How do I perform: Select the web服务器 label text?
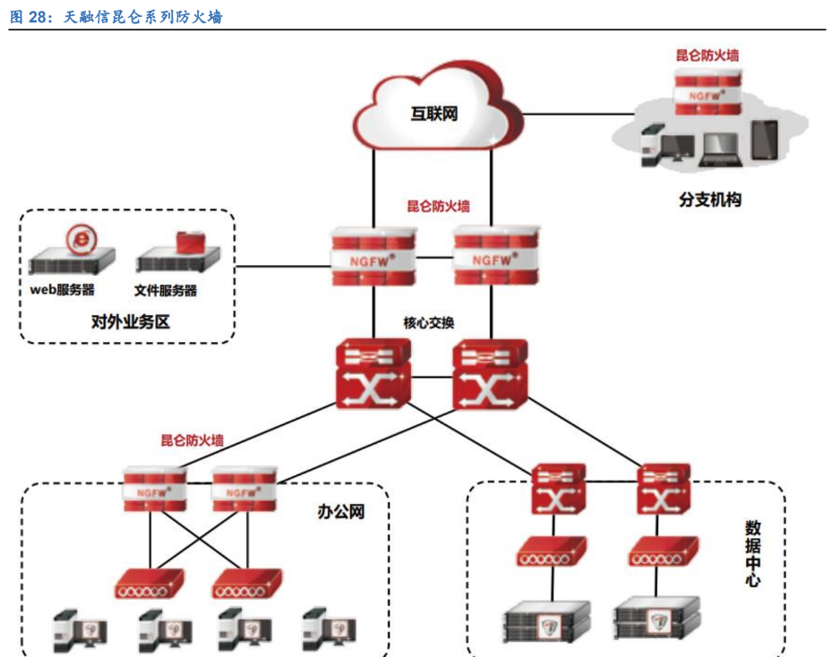coord(62,289)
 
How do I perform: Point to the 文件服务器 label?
coord(166,290)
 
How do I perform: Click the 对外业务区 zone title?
coord(130,320)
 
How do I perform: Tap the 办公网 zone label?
coord(341,512)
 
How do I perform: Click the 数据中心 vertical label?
coord(753,553)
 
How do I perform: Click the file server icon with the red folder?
coord(179,253)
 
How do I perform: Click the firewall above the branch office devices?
coord(708,90)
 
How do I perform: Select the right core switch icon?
coord(490,374)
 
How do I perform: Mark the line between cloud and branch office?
coord(582,114)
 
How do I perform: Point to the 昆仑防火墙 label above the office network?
coord(193,439)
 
